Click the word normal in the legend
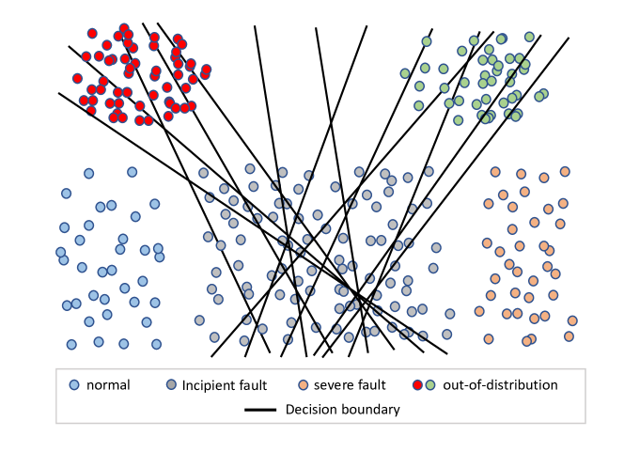click(108, 385)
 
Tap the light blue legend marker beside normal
click(74, 384)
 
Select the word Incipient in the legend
click(208, 385)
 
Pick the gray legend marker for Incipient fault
click(171, 384)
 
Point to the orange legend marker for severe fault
click(303, 384)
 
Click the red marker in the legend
click(418, 384)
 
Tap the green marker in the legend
click(430, 384)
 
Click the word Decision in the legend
click(310, 410)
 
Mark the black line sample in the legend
click(260, 410)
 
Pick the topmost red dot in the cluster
click(124, 29)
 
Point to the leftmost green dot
click(405, 73)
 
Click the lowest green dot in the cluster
click(458, 120)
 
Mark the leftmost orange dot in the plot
click(479, 311)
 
